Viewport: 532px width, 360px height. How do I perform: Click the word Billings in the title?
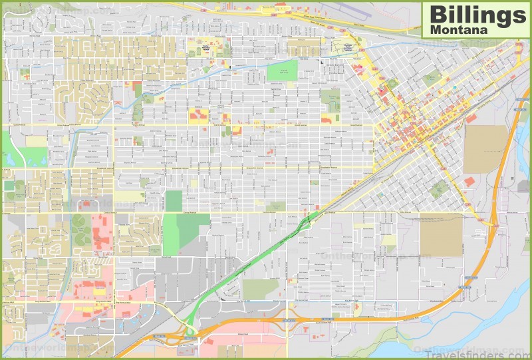tap(475, 13)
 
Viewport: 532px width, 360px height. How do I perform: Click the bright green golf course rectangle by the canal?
tap(283, 71)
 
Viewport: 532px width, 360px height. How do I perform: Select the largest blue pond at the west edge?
tap(11, 159)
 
